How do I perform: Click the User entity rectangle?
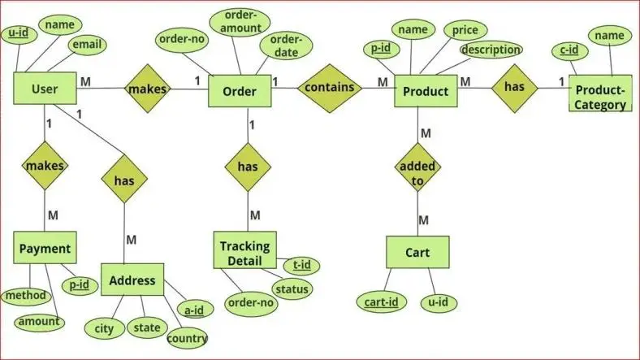click(44, 89)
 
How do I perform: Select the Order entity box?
click(240, 91)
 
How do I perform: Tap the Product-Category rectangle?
click(601, 97)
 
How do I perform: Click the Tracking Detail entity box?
click(245, 250)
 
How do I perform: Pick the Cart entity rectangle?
click(417, 252)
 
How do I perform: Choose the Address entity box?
click(132, 280)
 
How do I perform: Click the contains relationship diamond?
click(330, 87)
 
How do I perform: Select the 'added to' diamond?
click(417, 172)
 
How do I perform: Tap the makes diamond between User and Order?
click(148, 89)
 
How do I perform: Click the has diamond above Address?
click(124, 180)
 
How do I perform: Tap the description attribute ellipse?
click(491, 50)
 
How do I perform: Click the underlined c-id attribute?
click(569, 50)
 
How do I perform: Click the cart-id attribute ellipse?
click(381, 302)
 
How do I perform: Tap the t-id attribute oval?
click(301, 265)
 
